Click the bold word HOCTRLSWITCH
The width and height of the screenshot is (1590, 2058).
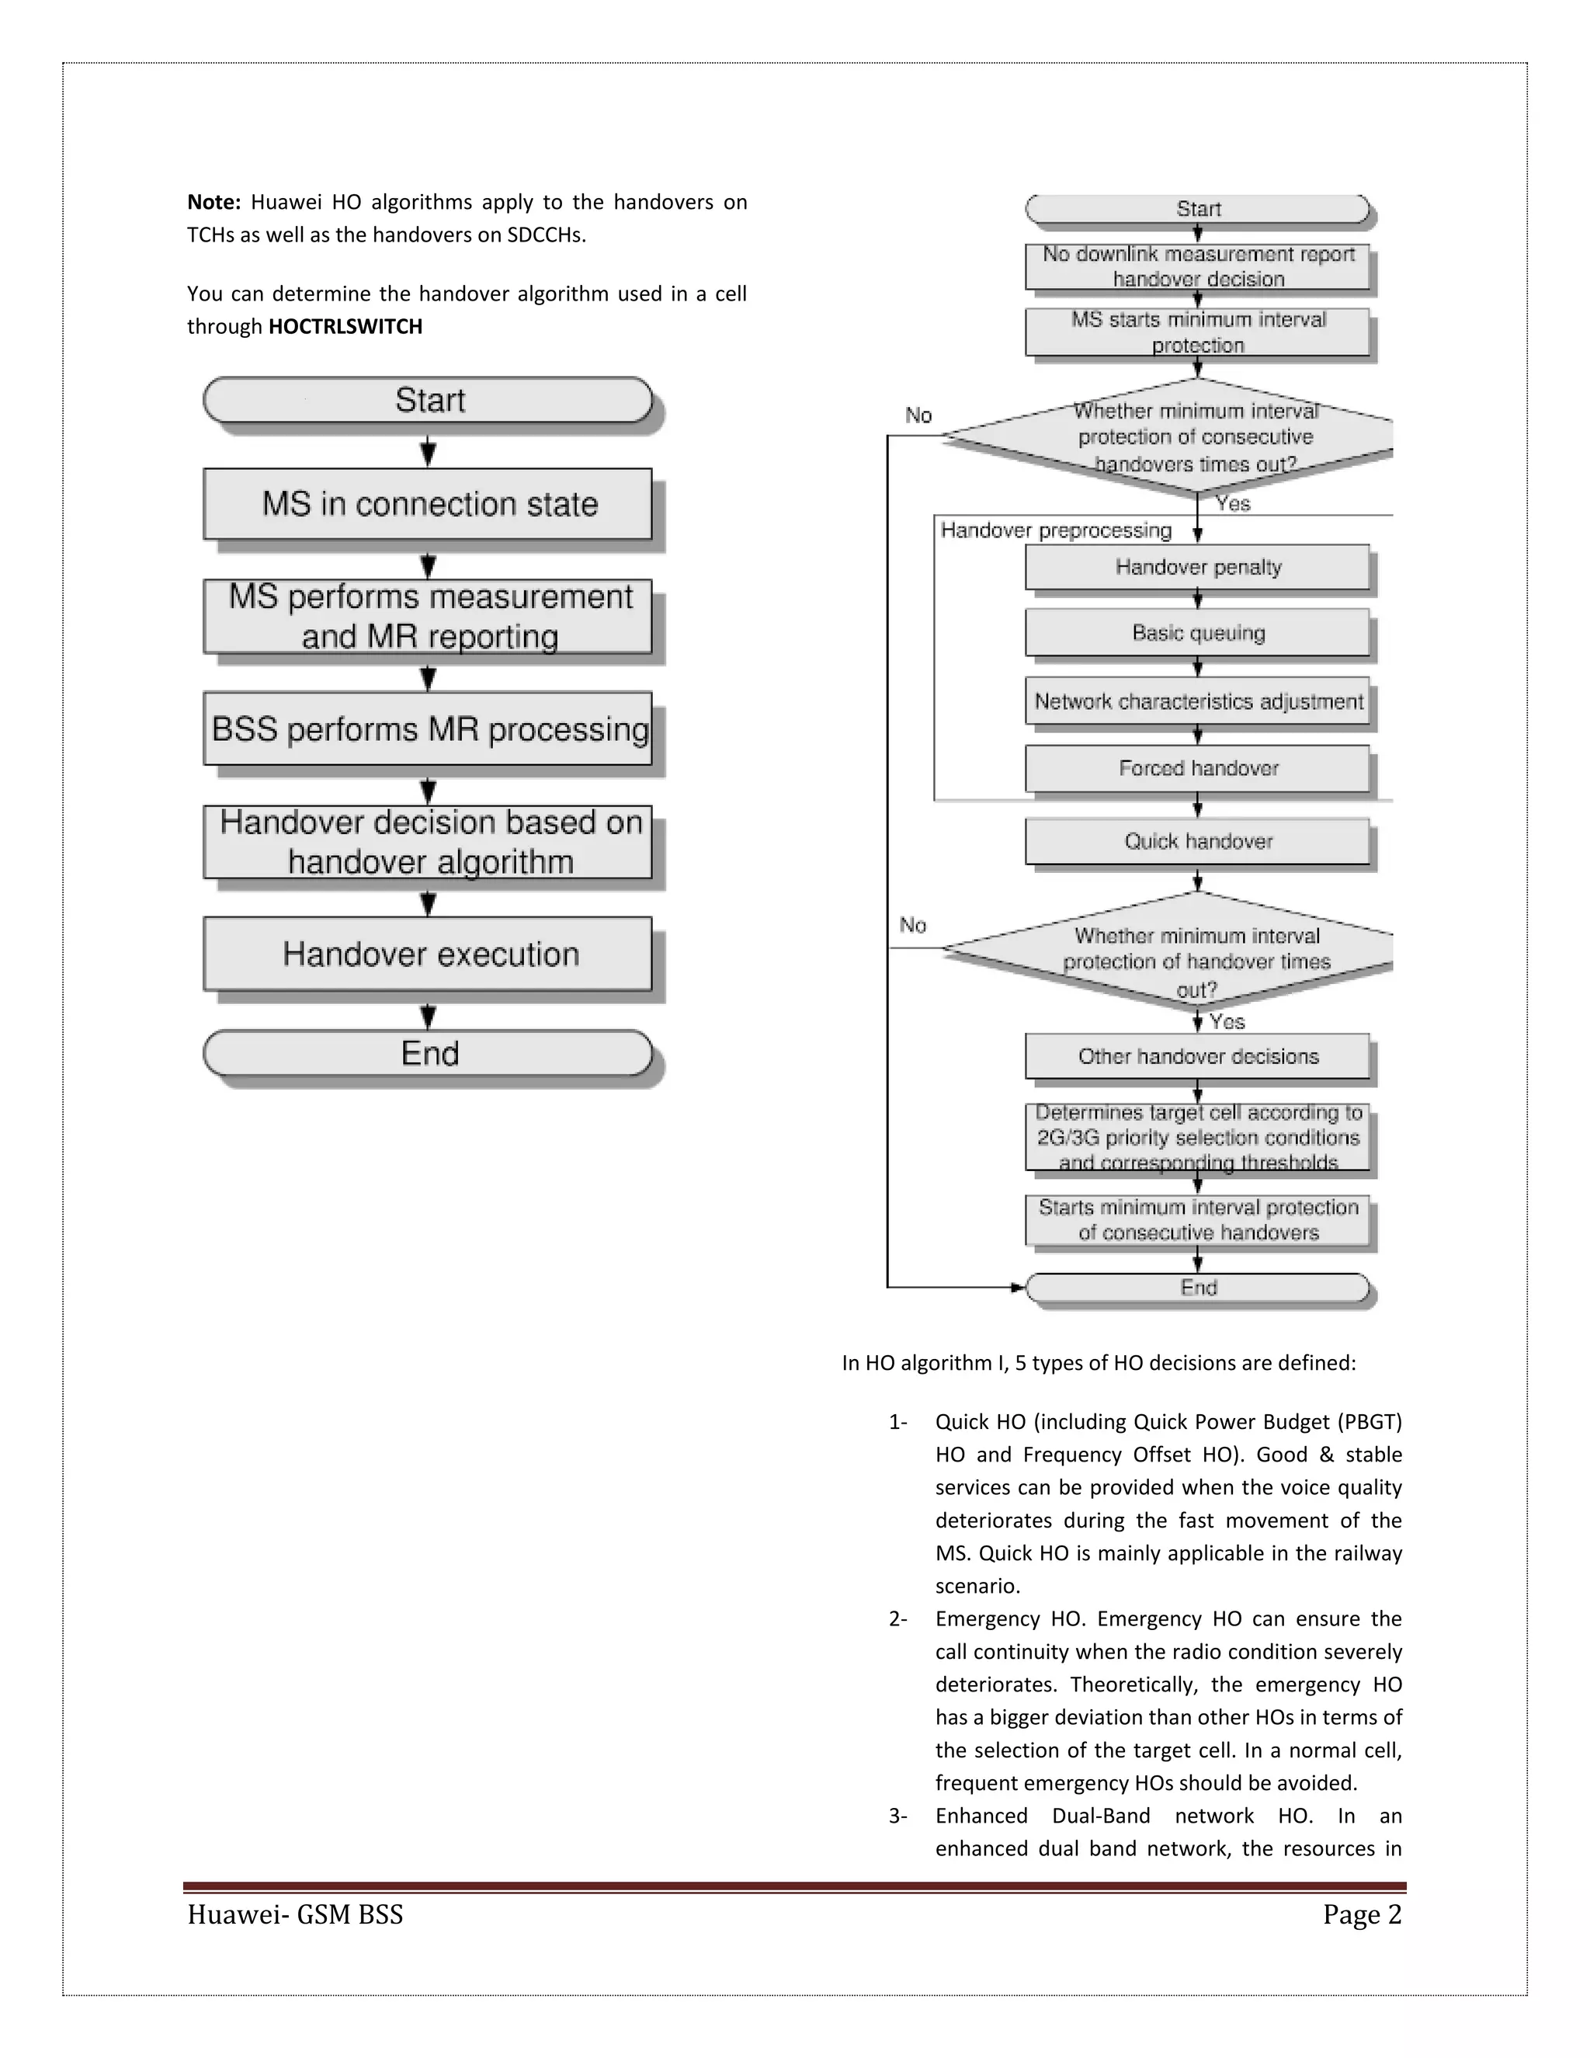click(x=345, y=327)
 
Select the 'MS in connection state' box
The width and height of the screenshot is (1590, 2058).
click(x=428, y=504)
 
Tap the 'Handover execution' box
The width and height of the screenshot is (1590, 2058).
click(x=428, y=954)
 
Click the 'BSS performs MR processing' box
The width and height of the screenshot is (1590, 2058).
click(x=428, y=728)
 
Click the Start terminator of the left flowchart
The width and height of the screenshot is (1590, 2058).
click(x=428, y=399)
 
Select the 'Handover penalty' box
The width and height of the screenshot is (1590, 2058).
click(x=1197, y=566)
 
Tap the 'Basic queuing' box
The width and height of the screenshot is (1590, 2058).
click(x=1197, y=632)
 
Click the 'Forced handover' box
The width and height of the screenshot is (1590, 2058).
click(x=1197, y=768)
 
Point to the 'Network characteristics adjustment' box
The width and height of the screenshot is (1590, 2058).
click(x=1197, y=701)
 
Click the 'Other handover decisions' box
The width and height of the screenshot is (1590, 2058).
click(x=1197, y=1056)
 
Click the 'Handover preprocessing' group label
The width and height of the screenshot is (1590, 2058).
click(x=1055, y=530)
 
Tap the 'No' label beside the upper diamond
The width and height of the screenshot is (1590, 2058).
click(x=918, y=415)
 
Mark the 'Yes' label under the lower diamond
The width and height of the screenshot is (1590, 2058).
click(x=1227, y=1021)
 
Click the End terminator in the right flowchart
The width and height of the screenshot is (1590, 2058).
click(x=1197, y=1287)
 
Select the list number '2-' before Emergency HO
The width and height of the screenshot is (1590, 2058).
click(x=897, y=1619)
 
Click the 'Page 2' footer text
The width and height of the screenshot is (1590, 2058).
click(x=1361, y=1915)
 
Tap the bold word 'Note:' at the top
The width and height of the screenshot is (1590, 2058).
click(x=214, y=202)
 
